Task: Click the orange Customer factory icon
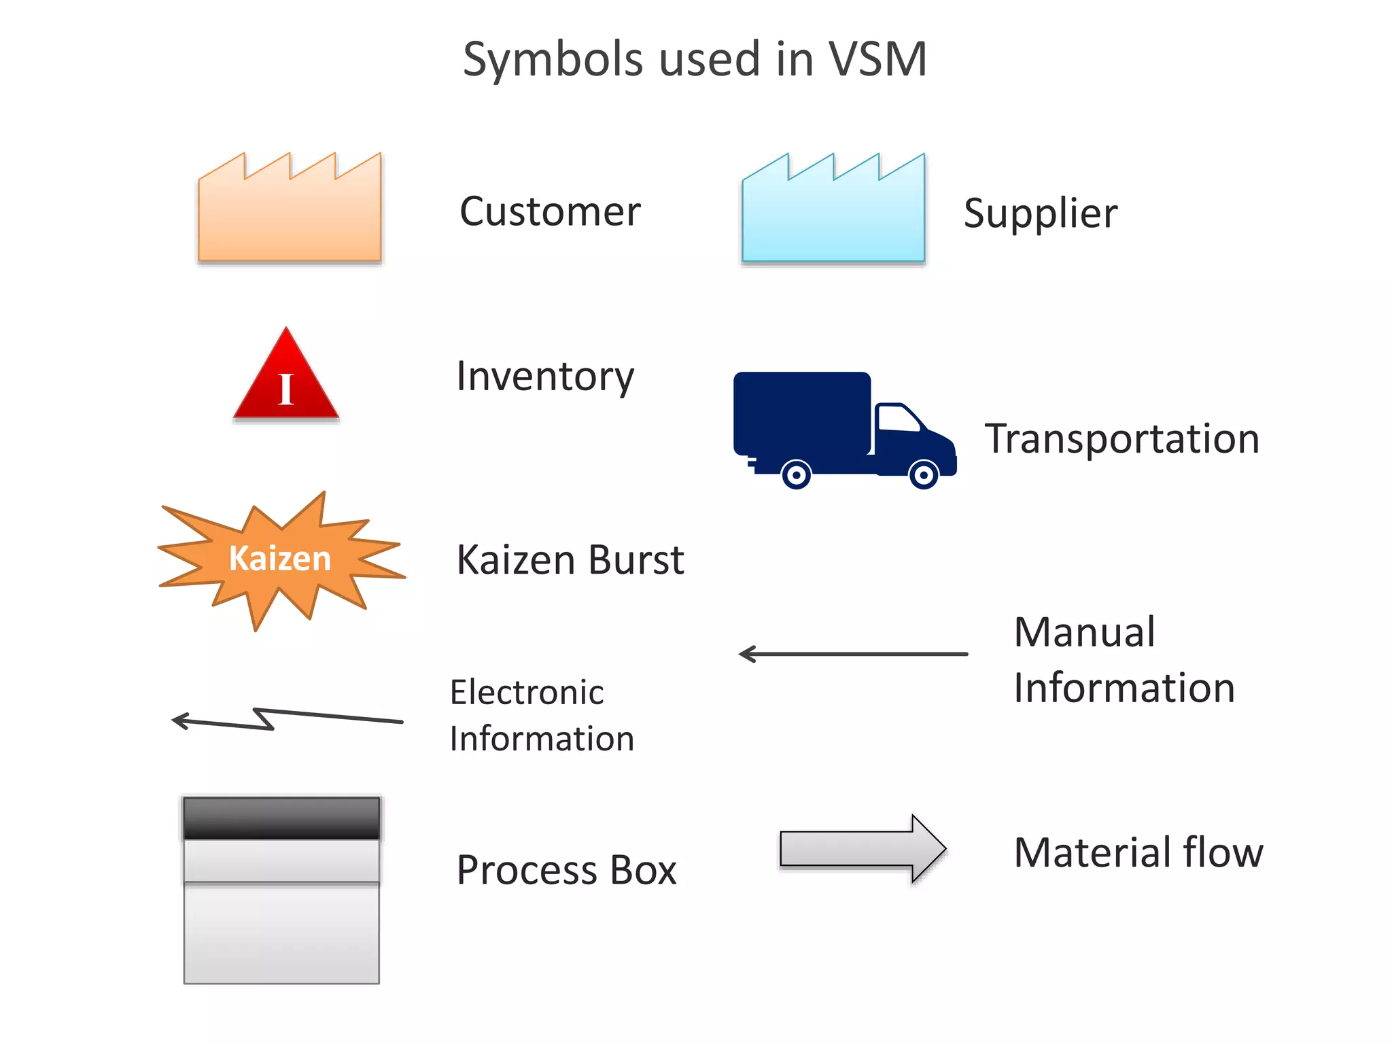click(289, 214)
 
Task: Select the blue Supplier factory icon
click(833, 214)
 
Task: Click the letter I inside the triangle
click(286, 390)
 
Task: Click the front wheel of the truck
click(924, 474)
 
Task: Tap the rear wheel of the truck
click(796, 474)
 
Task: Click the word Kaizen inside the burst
click(279, 559)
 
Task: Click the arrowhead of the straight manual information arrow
click(746, 654)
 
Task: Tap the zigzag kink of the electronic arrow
click(264, 718)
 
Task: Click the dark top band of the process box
click(281, 818)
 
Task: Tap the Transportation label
click(1122, 438)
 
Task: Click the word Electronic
click(527, 693)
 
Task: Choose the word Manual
click(1084, 632)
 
